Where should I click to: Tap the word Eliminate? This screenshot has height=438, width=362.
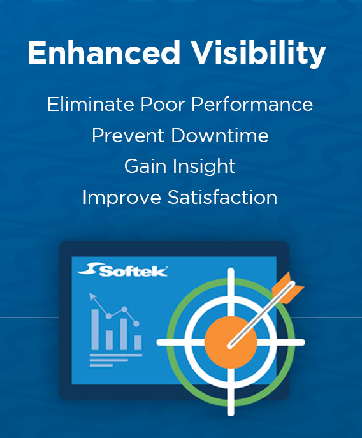[85, 104]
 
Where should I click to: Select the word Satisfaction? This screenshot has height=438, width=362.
[222, 198]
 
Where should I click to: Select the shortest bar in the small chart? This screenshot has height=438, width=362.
[109, 340]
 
